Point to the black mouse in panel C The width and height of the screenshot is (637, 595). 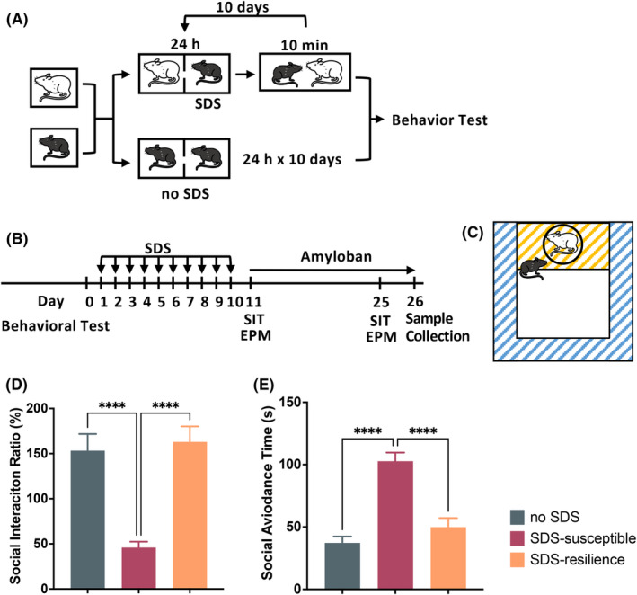tap(530, 269)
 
